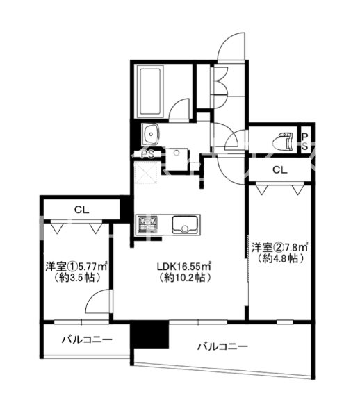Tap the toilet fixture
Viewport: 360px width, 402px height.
(x=285, y=140)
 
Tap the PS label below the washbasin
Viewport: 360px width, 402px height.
(x=148, y=154)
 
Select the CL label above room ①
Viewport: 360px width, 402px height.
(x=81, y=208)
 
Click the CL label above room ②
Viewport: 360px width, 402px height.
(x=279, y=170)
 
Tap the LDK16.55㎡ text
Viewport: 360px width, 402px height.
(x=183, y=265)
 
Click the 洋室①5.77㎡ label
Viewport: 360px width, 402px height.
(x=76, y=265)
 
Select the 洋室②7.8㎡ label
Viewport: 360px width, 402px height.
(x=280, y=247)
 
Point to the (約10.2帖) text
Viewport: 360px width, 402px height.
(x=183, y=278)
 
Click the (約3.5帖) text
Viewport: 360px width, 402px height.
(x=76, y=278)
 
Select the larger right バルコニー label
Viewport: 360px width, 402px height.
(x=222, y=346)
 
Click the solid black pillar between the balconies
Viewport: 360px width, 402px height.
(x=150, y=334)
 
